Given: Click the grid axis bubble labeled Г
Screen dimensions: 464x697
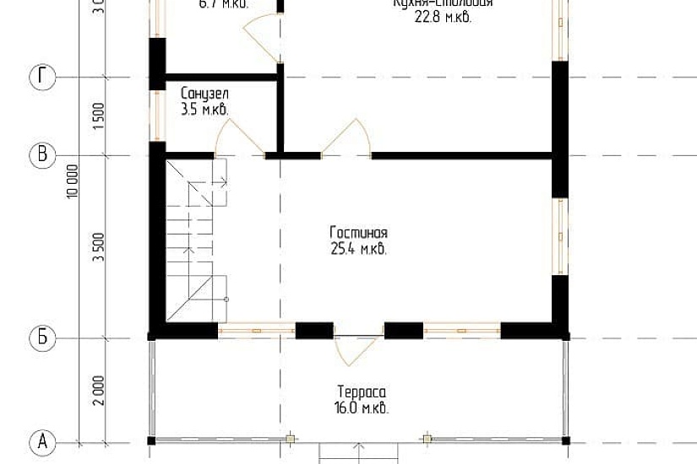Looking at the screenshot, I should point(43,78).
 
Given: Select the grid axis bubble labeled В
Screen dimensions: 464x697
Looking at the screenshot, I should point(43,155).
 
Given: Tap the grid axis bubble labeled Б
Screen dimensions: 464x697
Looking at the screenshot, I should point(43,338).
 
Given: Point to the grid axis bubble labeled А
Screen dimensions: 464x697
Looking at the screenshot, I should point(43,441).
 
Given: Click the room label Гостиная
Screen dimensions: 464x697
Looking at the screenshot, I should point(359,233).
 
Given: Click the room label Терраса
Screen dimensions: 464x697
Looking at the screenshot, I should point(362,393).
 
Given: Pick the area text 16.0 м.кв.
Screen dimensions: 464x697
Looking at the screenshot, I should point(362,408).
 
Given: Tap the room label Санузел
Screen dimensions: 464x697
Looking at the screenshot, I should point(204,94).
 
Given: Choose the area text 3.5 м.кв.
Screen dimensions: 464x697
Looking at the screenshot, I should point(204,110).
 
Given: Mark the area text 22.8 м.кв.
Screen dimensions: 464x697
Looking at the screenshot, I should point(443,16).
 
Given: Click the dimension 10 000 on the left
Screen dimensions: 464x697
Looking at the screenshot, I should point(74,180).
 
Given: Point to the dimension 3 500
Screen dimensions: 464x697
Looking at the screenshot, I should point(98,247).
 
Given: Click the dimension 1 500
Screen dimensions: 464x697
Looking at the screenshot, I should point(98,116).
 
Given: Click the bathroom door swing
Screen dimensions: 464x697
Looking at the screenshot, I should point(239,138).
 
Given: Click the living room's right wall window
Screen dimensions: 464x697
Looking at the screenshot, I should point(558,236).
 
